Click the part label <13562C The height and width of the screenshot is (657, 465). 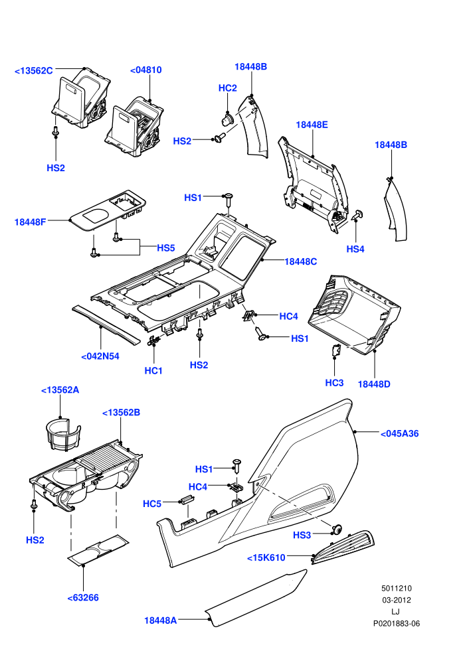33,70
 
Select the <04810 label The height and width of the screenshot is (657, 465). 146,70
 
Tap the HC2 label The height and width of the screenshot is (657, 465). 228,88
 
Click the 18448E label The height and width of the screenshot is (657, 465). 312,125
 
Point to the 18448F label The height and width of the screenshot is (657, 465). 30,222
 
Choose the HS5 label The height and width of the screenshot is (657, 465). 165,248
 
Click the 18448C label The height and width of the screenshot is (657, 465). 301,261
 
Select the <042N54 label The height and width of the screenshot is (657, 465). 100,356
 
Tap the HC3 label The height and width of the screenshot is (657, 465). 334,382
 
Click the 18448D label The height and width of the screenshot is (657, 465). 374,384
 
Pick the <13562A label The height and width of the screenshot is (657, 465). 60,390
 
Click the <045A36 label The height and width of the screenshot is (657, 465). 400,433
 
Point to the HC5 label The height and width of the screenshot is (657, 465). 151,504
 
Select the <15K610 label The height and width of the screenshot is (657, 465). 266,557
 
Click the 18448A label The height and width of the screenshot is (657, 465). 161,620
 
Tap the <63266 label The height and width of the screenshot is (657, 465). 83,598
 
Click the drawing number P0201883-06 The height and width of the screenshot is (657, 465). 397,624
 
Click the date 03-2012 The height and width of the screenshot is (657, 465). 397,600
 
